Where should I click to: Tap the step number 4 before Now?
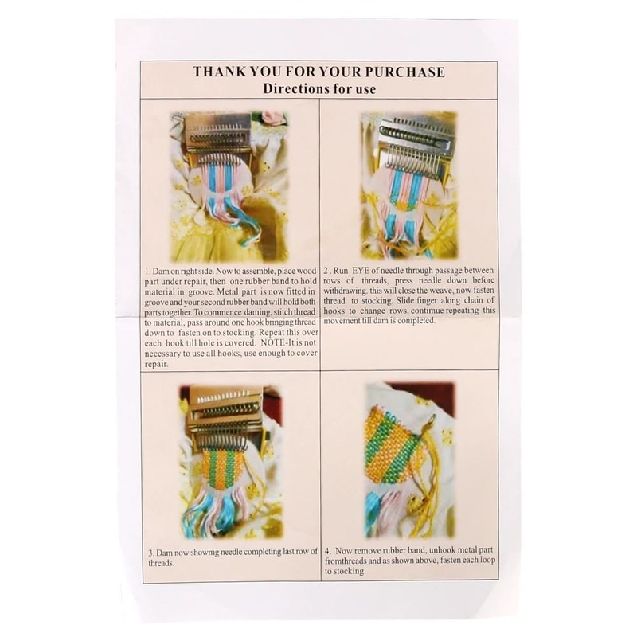[327, 551]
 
